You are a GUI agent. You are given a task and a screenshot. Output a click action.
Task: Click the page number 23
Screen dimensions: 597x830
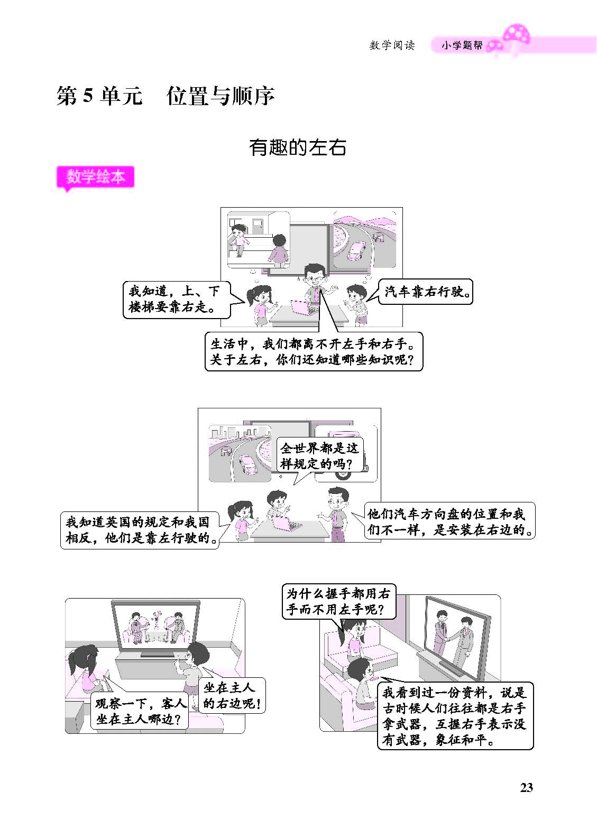526,788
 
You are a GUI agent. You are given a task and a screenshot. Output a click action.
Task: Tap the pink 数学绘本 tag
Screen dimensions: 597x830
95,178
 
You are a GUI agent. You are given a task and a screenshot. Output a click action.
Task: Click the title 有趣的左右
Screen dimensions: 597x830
297,147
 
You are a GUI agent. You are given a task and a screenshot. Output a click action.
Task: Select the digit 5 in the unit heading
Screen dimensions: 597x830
87,95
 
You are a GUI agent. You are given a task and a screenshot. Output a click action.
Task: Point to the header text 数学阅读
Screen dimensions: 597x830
392,45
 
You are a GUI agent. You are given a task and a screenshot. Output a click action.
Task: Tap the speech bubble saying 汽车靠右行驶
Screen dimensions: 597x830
426,292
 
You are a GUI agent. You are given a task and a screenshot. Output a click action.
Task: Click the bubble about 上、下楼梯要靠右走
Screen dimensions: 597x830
177,300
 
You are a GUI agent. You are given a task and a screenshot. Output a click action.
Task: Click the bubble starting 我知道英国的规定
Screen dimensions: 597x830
140,530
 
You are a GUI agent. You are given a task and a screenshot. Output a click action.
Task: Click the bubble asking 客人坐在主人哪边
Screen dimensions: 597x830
140,712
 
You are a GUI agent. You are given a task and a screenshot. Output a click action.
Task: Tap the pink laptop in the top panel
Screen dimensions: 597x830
300,307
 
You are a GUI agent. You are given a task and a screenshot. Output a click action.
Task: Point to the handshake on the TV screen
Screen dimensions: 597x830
449,638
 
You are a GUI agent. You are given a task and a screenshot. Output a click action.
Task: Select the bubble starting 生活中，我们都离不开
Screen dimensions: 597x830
314,351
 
